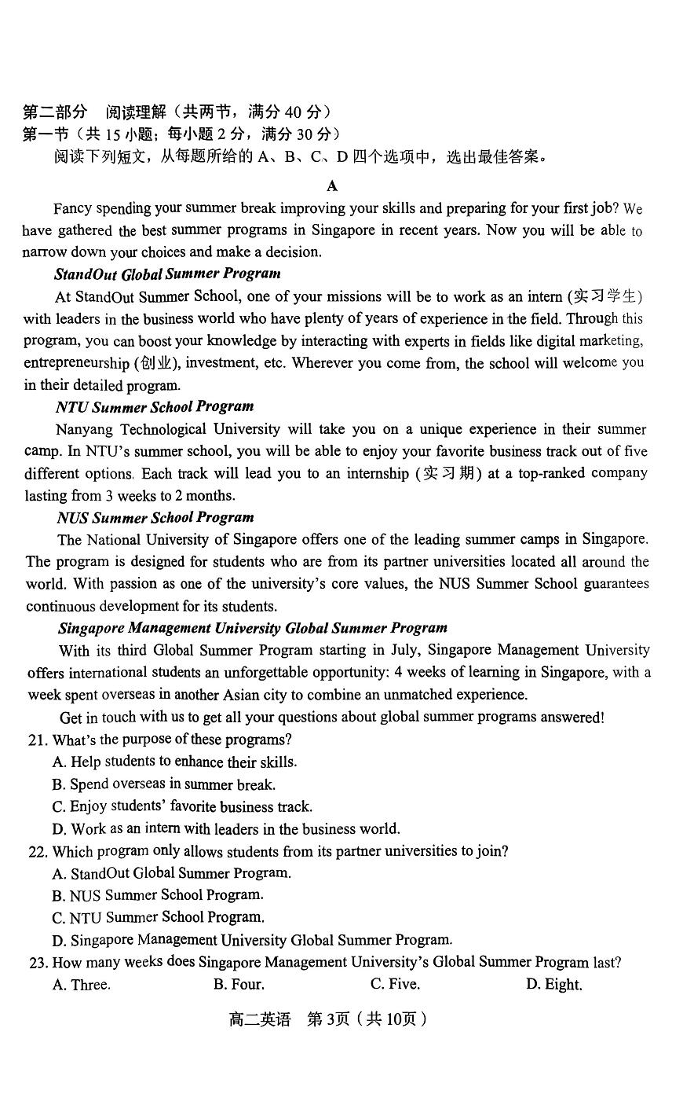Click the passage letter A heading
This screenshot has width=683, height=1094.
click(332, 185)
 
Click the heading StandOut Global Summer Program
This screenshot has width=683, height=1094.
click(167, 273)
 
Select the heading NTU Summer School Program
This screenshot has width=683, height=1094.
click(155, 406)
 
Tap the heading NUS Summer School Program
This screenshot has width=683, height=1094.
click(155, 517)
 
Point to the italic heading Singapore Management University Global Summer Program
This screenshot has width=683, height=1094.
click(253, 628)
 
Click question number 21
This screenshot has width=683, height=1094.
click(37, 740)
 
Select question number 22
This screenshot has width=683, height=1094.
click(37, 851)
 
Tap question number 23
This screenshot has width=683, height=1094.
click(37, 962)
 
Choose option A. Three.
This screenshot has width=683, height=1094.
click(81, 985)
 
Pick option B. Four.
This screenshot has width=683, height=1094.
click(239, 985)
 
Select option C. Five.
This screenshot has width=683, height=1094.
click(395, 985)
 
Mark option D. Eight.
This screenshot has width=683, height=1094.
click(553, 985)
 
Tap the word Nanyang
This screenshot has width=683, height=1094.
click(84, 429)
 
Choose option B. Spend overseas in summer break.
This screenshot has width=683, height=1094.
click(163, 784)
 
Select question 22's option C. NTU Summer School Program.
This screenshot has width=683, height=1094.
click(158, 917)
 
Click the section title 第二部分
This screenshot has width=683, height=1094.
click(55, 112)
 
